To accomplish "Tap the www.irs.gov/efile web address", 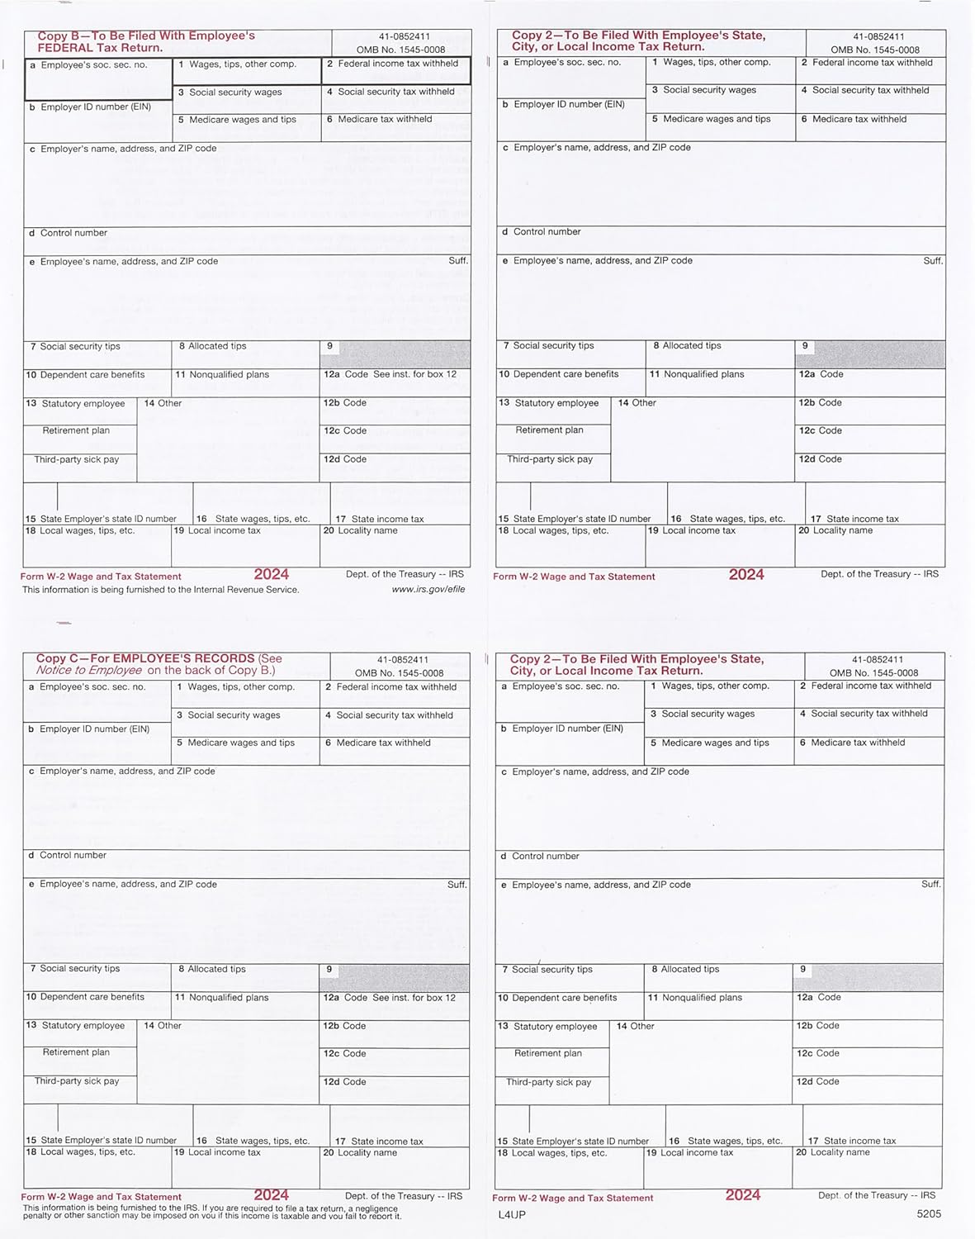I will tap(428, 590).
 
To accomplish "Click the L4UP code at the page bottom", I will tap(512, 1214).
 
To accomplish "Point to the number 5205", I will tap(929, 1214).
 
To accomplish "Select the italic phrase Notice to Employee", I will tap(89, 671).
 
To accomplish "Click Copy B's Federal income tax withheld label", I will tap(397, 64).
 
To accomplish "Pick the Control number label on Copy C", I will tap(73, 856).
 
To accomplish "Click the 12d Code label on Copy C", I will tap(344, 1082).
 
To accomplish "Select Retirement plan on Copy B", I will tap(76, 430).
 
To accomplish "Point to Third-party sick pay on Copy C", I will tap(77, 1081).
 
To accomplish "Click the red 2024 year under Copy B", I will tap(272, 575).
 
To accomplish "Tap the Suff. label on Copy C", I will tap(457, 885).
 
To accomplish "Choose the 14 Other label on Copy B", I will tap(163, 403).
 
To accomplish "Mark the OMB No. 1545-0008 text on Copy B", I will tap(400, 50).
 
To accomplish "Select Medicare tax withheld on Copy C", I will tap(382, 743).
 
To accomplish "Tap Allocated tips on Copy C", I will tap(216, 970).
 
